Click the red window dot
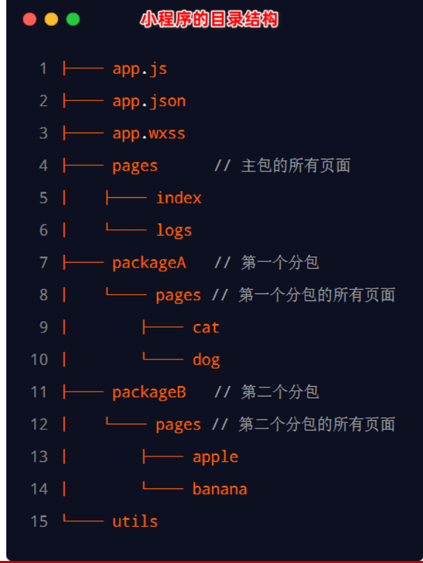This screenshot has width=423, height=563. coord(29,19)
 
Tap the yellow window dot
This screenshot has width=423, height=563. coord(52,19)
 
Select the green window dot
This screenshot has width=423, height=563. coord(73,19)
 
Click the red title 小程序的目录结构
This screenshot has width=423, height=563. coord(209,20)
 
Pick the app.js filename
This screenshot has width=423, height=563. coord(139,68)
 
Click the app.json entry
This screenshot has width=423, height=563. coord(149,101)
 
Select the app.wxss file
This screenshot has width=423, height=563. coord(149,134)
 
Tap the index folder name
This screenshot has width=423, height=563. coord(179,198)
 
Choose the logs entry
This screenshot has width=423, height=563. coord(174,231)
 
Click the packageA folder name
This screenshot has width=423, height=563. coord(149,263)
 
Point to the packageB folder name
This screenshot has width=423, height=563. coord(149,392)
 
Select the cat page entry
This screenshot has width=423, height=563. coord(206,327)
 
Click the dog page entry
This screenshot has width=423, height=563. coord(206,360)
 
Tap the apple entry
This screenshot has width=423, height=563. coord(215,457)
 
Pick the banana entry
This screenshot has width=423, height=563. coord(220,489)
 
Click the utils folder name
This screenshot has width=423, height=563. coord(135,521)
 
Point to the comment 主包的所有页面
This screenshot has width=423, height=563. coord(296,166)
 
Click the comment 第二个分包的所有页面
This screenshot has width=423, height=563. coord(316,424)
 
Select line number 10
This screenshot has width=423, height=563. coord(40,360)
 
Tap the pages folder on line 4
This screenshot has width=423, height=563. coord(135,167)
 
